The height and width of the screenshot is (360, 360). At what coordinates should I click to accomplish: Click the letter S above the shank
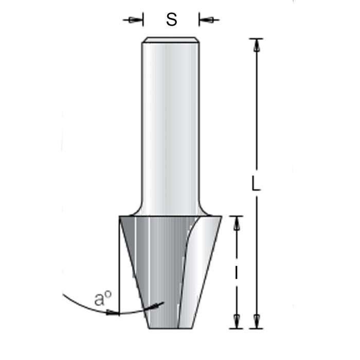(x=171, y=20)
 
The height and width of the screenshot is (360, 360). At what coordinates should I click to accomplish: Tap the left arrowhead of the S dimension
(x=135, y=20)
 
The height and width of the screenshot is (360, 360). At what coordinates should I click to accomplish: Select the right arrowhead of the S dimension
(x=206, y=20)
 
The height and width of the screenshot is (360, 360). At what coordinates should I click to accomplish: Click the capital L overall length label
(x=256, y=183)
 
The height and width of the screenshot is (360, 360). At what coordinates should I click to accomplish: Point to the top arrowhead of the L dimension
(x=257, y=45)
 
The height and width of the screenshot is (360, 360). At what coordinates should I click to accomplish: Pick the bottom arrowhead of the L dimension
(x=257, y=321)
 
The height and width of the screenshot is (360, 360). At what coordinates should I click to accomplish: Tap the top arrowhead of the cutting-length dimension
(x=237, y=223)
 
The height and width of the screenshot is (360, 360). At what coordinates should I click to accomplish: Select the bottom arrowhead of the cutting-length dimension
(x=237, y=321)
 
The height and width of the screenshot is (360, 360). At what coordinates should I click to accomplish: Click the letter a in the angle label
(x=99, y=299)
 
